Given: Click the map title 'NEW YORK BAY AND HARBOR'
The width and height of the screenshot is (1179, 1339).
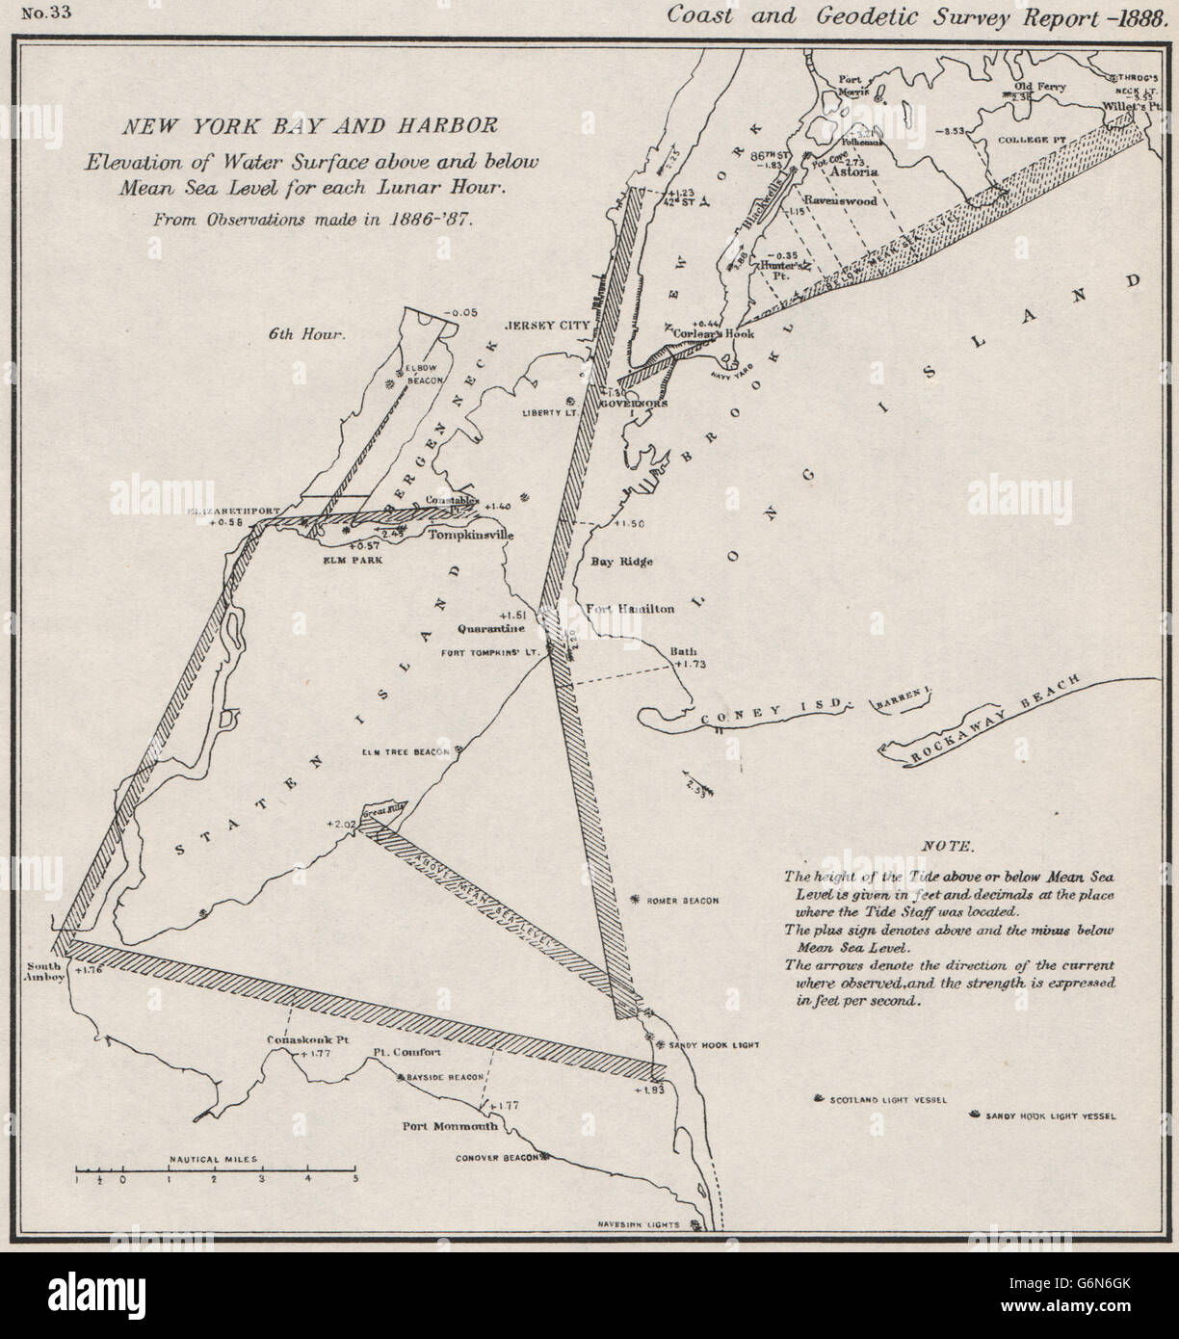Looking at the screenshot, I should coord(306,125).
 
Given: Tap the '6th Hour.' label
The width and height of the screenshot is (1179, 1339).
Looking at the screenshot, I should coord(306,335).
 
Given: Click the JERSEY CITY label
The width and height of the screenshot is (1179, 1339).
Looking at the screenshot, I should coord(547,326).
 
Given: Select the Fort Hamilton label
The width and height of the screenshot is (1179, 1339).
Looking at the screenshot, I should coord(631,609).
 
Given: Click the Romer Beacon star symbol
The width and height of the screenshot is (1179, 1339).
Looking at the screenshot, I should coord(634,899).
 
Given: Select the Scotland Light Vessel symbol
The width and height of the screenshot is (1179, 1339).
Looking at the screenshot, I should coord(819,1098).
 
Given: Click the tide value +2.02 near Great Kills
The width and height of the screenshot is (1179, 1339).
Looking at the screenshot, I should coord(341,824).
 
